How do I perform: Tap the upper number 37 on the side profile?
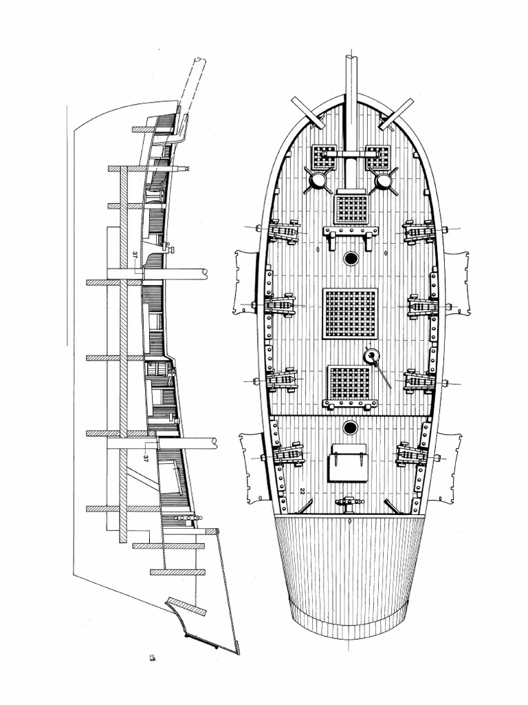tap(135, 255)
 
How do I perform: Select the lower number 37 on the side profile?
tap(146, 459)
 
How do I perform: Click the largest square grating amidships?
tap(350, 313)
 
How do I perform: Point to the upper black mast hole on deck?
tap(350, 258)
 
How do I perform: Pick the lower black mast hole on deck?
tap(350, 427)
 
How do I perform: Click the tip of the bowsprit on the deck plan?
tap(351, 56)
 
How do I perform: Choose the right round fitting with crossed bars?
tap(383, 181)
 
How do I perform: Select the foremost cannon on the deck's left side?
tap(282, 232)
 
